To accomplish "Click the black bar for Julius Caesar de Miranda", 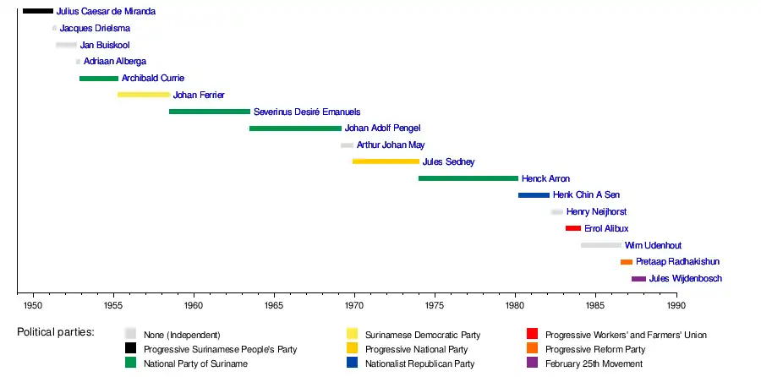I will point(37,11).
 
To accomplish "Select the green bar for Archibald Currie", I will point(99,79).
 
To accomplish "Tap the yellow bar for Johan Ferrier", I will point(144,95).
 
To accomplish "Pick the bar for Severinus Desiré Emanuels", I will point(210,112).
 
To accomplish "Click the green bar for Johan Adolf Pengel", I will point(295,128).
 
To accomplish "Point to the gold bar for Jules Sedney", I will point(386,161).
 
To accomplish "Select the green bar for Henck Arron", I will point(468,178).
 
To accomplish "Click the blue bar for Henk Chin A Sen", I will point(534,195).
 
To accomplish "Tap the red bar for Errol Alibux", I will point(573,228).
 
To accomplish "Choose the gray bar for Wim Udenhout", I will point(601,245).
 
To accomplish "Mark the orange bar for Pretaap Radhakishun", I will point(627,262).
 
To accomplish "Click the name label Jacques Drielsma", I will point(95,28).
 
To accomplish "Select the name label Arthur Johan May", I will point(391,145).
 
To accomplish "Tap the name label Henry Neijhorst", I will point(596,212).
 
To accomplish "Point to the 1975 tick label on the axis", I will point(435,304).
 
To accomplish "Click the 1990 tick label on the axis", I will point(676,304).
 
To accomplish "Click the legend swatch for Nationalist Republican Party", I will point(353,363).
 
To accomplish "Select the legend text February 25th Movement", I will point(594,363).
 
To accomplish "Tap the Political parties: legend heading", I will point(56,332).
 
